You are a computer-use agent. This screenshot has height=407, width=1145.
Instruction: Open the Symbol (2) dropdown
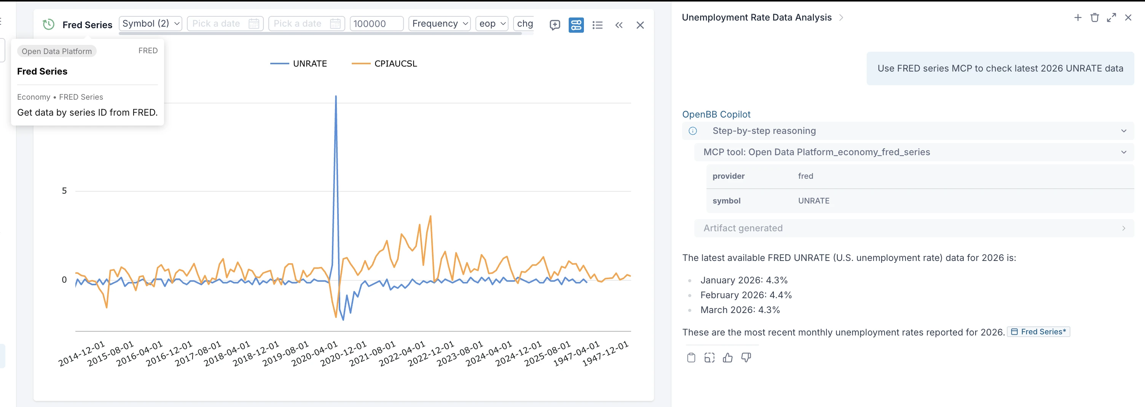click(x=151, y=24)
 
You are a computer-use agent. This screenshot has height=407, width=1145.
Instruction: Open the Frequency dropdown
click(x=439, y=24)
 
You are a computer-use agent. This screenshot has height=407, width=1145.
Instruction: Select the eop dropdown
click(x=491, y=24)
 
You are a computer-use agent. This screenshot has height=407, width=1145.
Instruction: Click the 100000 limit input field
click(x=376, y=24)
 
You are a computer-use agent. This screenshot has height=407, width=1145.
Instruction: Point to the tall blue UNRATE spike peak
click(x=336, y=96)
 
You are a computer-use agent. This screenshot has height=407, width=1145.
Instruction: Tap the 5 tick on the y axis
click(x=64, y=191)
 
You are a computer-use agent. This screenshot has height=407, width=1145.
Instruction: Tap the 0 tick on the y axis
click(x=64, y=280)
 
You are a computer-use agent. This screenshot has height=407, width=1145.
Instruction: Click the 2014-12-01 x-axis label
click(x=82, y=353)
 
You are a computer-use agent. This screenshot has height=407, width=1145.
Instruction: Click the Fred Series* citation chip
click(x=1038, y=332)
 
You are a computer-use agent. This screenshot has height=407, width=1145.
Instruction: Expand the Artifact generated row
click(x=914, y=228)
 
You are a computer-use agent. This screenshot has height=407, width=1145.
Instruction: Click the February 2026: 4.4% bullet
click(x=746, y=295)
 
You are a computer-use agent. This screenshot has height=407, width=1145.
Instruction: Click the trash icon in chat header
click(x=1094, y=18)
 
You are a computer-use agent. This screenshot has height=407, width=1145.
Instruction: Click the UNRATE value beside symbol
click(x=813, y=201)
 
